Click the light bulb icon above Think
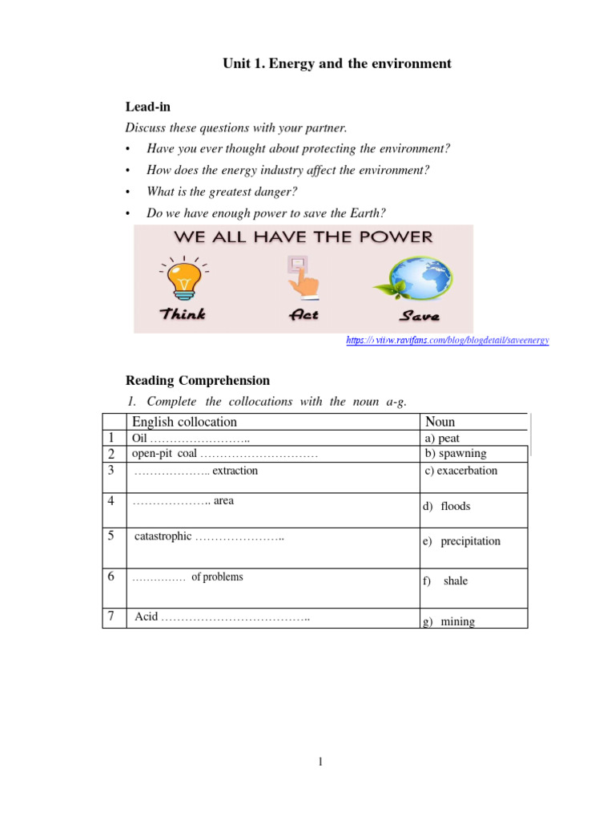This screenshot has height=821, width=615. [184, 277]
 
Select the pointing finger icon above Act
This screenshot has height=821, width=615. [299, 277]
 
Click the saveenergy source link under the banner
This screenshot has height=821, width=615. [448, 341]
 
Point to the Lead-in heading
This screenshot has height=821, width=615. [148, 107]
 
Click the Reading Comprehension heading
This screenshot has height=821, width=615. [198, 381]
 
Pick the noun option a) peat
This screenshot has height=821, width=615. [443, 439]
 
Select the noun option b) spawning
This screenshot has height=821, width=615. [456, 454]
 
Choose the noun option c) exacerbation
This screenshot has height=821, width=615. [461, 471]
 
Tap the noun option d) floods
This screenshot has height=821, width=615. [446, 507]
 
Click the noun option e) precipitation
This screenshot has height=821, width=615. [461, 541]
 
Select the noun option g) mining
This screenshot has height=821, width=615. [448, 621]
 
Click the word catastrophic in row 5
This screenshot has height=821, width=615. [163, 536]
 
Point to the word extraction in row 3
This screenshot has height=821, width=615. [235, 471]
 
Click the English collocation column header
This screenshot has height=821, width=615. [185, 422]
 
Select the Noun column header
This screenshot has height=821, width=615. [440, 422]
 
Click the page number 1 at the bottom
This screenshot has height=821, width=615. [320, 762]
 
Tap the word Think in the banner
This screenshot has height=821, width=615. [183, 314]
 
